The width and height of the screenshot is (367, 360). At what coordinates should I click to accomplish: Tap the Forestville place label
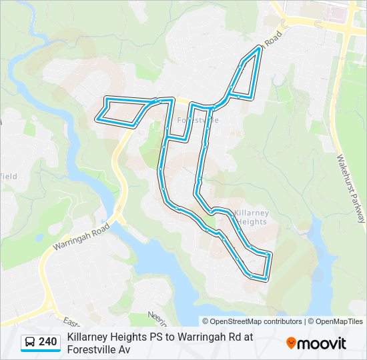[198, 120]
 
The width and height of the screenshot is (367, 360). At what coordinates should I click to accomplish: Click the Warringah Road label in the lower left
[81, 237]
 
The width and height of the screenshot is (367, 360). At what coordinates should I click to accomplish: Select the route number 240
[47, 342]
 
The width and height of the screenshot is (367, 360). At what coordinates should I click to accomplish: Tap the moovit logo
[316, 343]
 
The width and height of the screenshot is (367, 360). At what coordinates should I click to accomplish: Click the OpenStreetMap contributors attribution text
[252, 321]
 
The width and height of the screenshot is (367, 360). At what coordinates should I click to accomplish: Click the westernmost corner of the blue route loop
[97, 119]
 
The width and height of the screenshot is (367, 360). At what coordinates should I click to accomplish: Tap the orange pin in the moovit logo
[291, 343]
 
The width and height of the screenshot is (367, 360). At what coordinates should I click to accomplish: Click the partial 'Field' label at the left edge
[9, 176]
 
